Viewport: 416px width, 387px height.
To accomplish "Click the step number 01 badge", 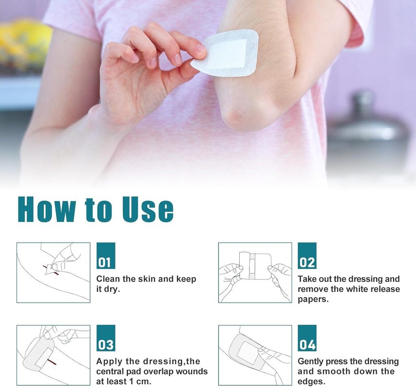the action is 106,256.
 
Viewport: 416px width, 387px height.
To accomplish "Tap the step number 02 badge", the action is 307,256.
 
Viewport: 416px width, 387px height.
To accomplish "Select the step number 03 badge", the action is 106,338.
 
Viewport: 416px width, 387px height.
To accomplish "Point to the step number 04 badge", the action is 307,338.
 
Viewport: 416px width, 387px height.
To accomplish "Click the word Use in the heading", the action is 147,209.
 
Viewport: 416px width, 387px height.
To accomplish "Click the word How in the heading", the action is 46,209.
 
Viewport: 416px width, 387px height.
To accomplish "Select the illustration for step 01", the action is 53,273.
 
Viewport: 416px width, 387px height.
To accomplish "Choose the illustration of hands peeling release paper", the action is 255,273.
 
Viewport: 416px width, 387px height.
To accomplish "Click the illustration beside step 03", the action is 53,355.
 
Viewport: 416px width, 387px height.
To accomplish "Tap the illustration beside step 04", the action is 255,355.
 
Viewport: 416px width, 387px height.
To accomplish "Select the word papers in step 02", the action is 313,300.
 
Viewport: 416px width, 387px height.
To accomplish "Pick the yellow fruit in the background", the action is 25,40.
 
